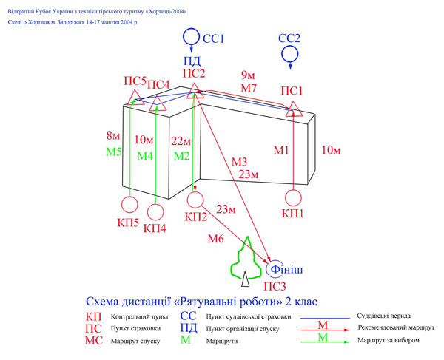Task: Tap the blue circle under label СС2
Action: point(289,54)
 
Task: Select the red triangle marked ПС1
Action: point(292,109)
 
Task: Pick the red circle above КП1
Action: point(293,198)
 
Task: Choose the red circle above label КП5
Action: point(129,206)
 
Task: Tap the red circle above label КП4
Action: point(155,213)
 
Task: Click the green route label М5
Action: point(112,152)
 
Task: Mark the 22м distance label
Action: point(182,141)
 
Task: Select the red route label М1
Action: point(282,152)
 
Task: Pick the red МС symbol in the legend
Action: point(94,341)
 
